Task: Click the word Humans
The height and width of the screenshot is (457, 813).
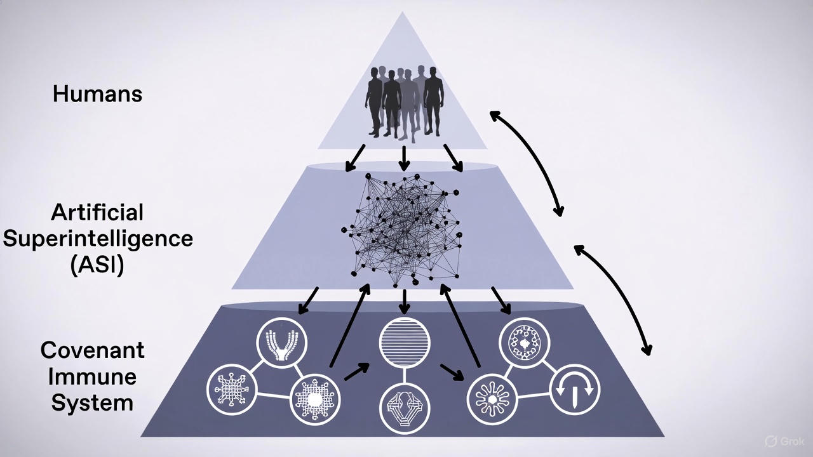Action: [x=97, y=94]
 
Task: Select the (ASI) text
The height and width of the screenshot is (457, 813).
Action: [x=97, y=264]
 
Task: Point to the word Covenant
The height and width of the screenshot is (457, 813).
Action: [x=93, y=350]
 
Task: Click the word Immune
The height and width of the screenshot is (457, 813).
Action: [x=93, y=376]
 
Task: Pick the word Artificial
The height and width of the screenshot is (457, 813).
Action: [x=97, y=211]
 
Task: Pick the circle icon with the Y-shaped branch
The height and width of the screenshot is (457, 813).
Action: [x=281, y=344]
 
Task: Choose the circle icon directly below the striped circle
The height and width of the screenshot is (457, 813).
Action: [x=405, y=408]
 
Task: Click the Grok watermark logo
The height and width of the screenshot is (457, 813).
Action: [x=784, y=441]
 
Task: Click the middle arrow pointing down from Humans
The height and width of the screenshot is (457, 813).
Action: [x=404, y=159]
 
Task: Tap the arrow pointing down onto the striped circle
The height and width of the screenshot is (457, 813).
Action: [x=404, y=301]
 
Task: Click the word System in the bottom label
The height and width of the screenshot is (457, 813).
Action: [x=93, y=403]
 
